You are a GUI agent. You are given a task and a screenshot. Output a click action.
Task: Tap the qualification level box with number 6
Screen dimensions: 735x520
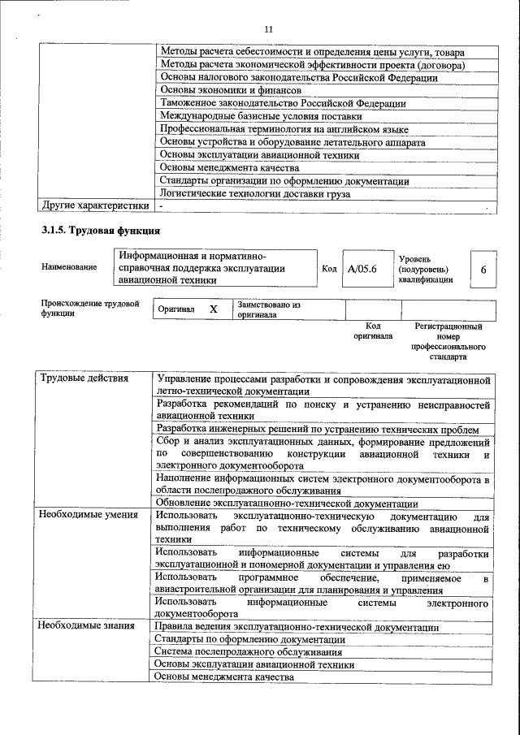point(483,269)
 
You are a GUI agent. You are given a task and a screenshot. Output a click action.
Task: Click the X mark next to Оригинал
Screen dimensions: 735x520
point(214,309)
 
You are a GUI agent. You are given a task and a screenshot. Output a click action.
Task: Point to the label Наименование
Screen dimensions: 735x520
point(69,267)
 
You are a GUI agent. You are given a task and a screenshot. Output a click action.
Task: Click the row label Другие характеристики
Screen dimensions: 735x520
point(95,205)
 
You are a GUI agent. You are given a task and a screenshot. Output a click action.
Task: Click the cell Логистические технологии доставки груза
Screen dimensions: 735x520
point(255,193)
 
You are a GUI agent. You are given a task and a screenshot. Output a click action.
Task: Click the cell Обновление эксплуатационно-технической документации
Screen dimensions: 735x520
point(288,504)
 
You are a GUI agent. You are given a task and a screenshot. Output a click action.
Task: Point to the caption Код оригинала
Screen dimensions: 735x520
point(372,331)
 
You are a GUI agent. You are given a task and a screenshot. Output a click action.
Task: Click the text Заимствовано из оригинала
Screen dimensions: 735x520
point(269,309)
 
